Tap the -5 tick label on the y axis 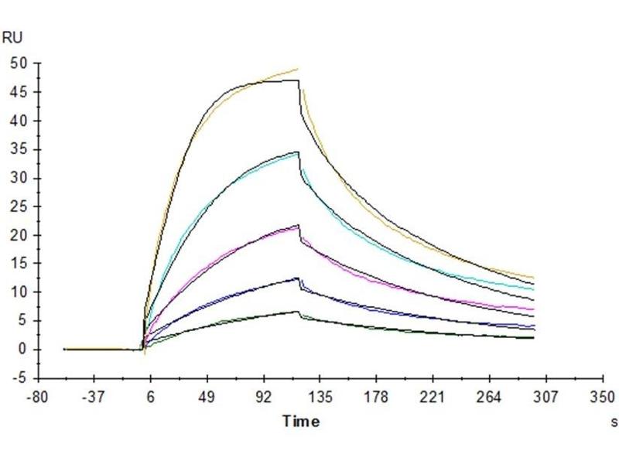(19, 378)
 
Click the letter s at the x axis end (614, 421)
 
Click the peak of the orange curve (297, 69)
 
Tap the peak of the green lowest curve (297, 311)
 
